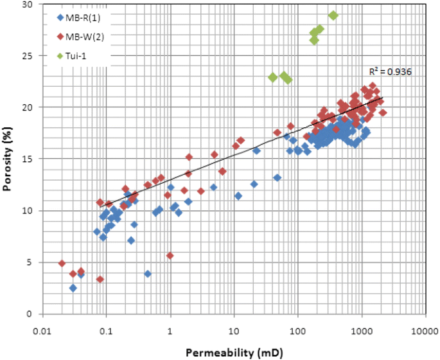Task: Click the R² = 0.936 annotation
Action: pyautogui.click(x=390, y=72)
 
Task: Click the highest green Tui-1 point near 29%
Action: pyautogui.click(x=333, y=15)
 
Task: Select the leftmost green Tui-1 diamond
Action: pyautogui.click(x=272, y=77)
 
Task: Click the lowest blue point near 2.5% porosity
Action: pyautogui.click(x=73, y=288)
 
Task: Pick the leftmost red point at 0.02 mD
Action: pyautogui.click(x=62, y=263)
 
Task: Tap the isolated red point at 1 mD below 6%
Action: pyautogui.click(x=170, y=255)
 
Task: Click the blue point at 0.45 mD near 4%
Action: pyautogui.click(x=148, y=273)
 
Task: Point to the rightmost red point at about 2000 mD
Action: pyautogui.click(x=383, y=113)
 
